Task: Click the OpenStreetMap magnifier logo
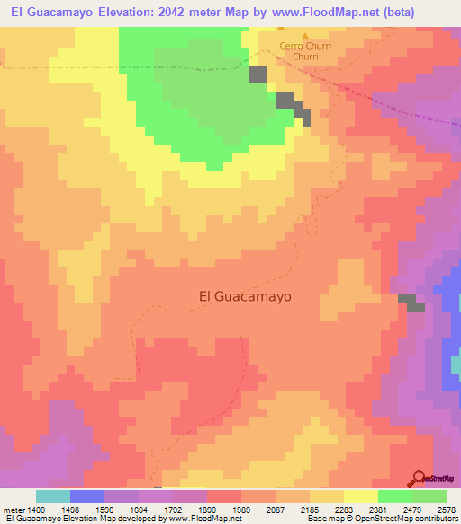pyautogui.click(x=420, y=477)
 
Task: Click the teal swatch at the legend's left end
pyautogui.click(x=53, y=496)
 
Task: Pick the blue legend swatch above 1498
pyautogui.click(x=87, y=496)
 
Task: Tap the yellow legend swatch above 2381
pyautogui.click(x=360, y=496)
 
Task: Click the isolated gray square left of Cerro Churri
pyautogui.click(x=259, y=76)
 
